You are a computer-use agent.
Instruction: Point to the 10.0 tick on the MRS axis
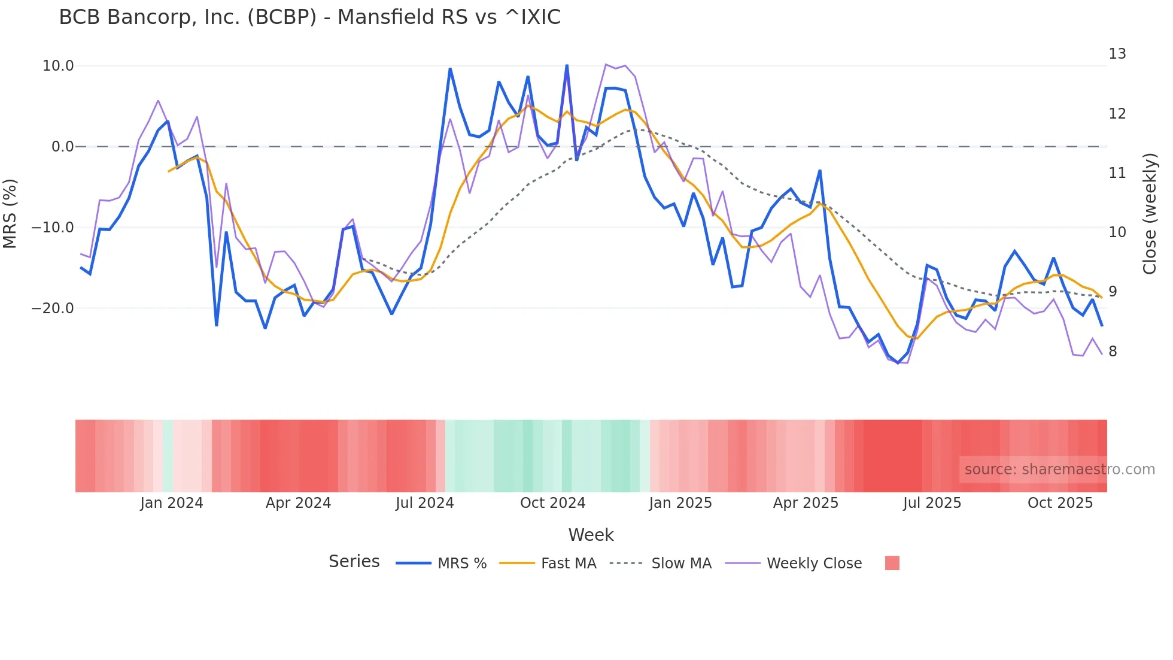pyautogui.click(x=58, y=66)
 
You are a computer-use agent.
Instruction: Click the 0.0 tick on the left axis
pyautogui.click(x=62, y=147)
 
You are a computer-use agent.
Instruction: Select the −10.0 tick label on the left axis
pyautogui.click(x=53, y=228)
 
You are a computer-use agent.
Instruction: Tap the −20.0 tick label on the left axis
pyautogui.click(x=53, y=308)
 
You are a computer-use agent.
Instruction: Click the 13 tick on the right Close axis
pyautogui.click(x=1117, y=54)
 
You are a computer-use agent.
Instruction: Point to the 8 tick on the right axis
pyautogui.click(x=1113, y=352)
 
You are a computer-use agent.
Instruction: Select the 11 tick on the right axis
pyautogui.click(x=1117, y=173)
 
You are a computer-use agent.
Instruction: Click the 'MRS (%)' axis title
pyautogui.click(x=10, y=213)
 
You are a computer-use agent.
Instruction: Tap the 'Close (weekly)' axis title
pyautogui.click(x=1150, y=213)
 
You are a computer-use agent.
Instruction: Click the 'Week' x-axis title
pyautogui.click(x=591, y=535)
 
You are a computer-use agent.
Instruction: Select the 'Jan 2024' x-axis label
pyautogui.click(x=172, y=503)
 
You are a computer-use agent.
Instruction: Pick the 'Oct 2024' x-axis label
pyautogui.click(x=552, y=503)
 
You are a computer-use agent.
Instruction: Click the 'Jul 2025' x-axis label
pyautogui.click(x=932, y=503)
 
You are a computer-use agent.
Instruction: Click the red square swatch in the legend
pyautogui.click(x=892, y=563)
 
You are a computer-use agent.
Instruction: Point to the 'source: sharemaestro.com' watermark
pyautogui.click(x=1059, y=470)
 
